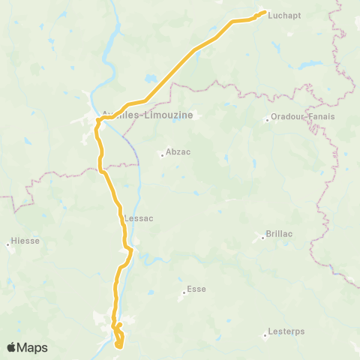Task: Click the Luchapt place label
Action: (x=283, y=14)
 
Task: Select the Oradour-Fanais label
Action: (x=303, y=117)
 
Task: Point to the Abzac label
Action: (x=178, y=151)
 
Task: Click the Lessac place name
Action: (x=138, y=218)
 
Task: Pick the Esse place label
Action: (x=196, y=289)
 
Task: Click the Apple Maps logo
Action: (x=27, y=347)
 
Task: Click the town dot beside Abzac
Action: (x=161, y=155)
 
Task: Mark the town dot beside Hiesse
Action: (x=8, y=243)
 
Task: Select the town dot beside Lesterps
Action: (x=268, y=331)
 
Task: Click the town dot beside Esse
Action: (x=184, y=292)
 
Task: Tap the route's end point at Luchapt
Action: (x=263, y=13)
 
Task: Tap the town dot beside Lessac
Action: (x=121, y=219)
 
